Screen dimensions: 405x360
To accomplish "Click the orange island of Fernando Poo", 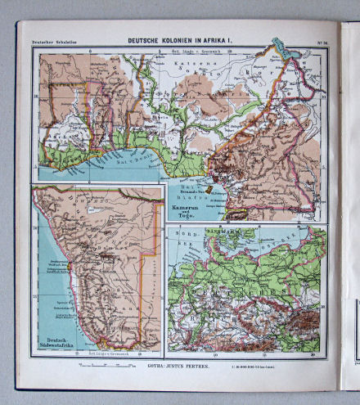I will pyautogui.click(x=209, y=189).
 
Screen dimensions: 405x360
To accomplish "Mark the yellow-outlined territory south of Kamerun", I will pyautogui.click(x=238, y=214).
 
